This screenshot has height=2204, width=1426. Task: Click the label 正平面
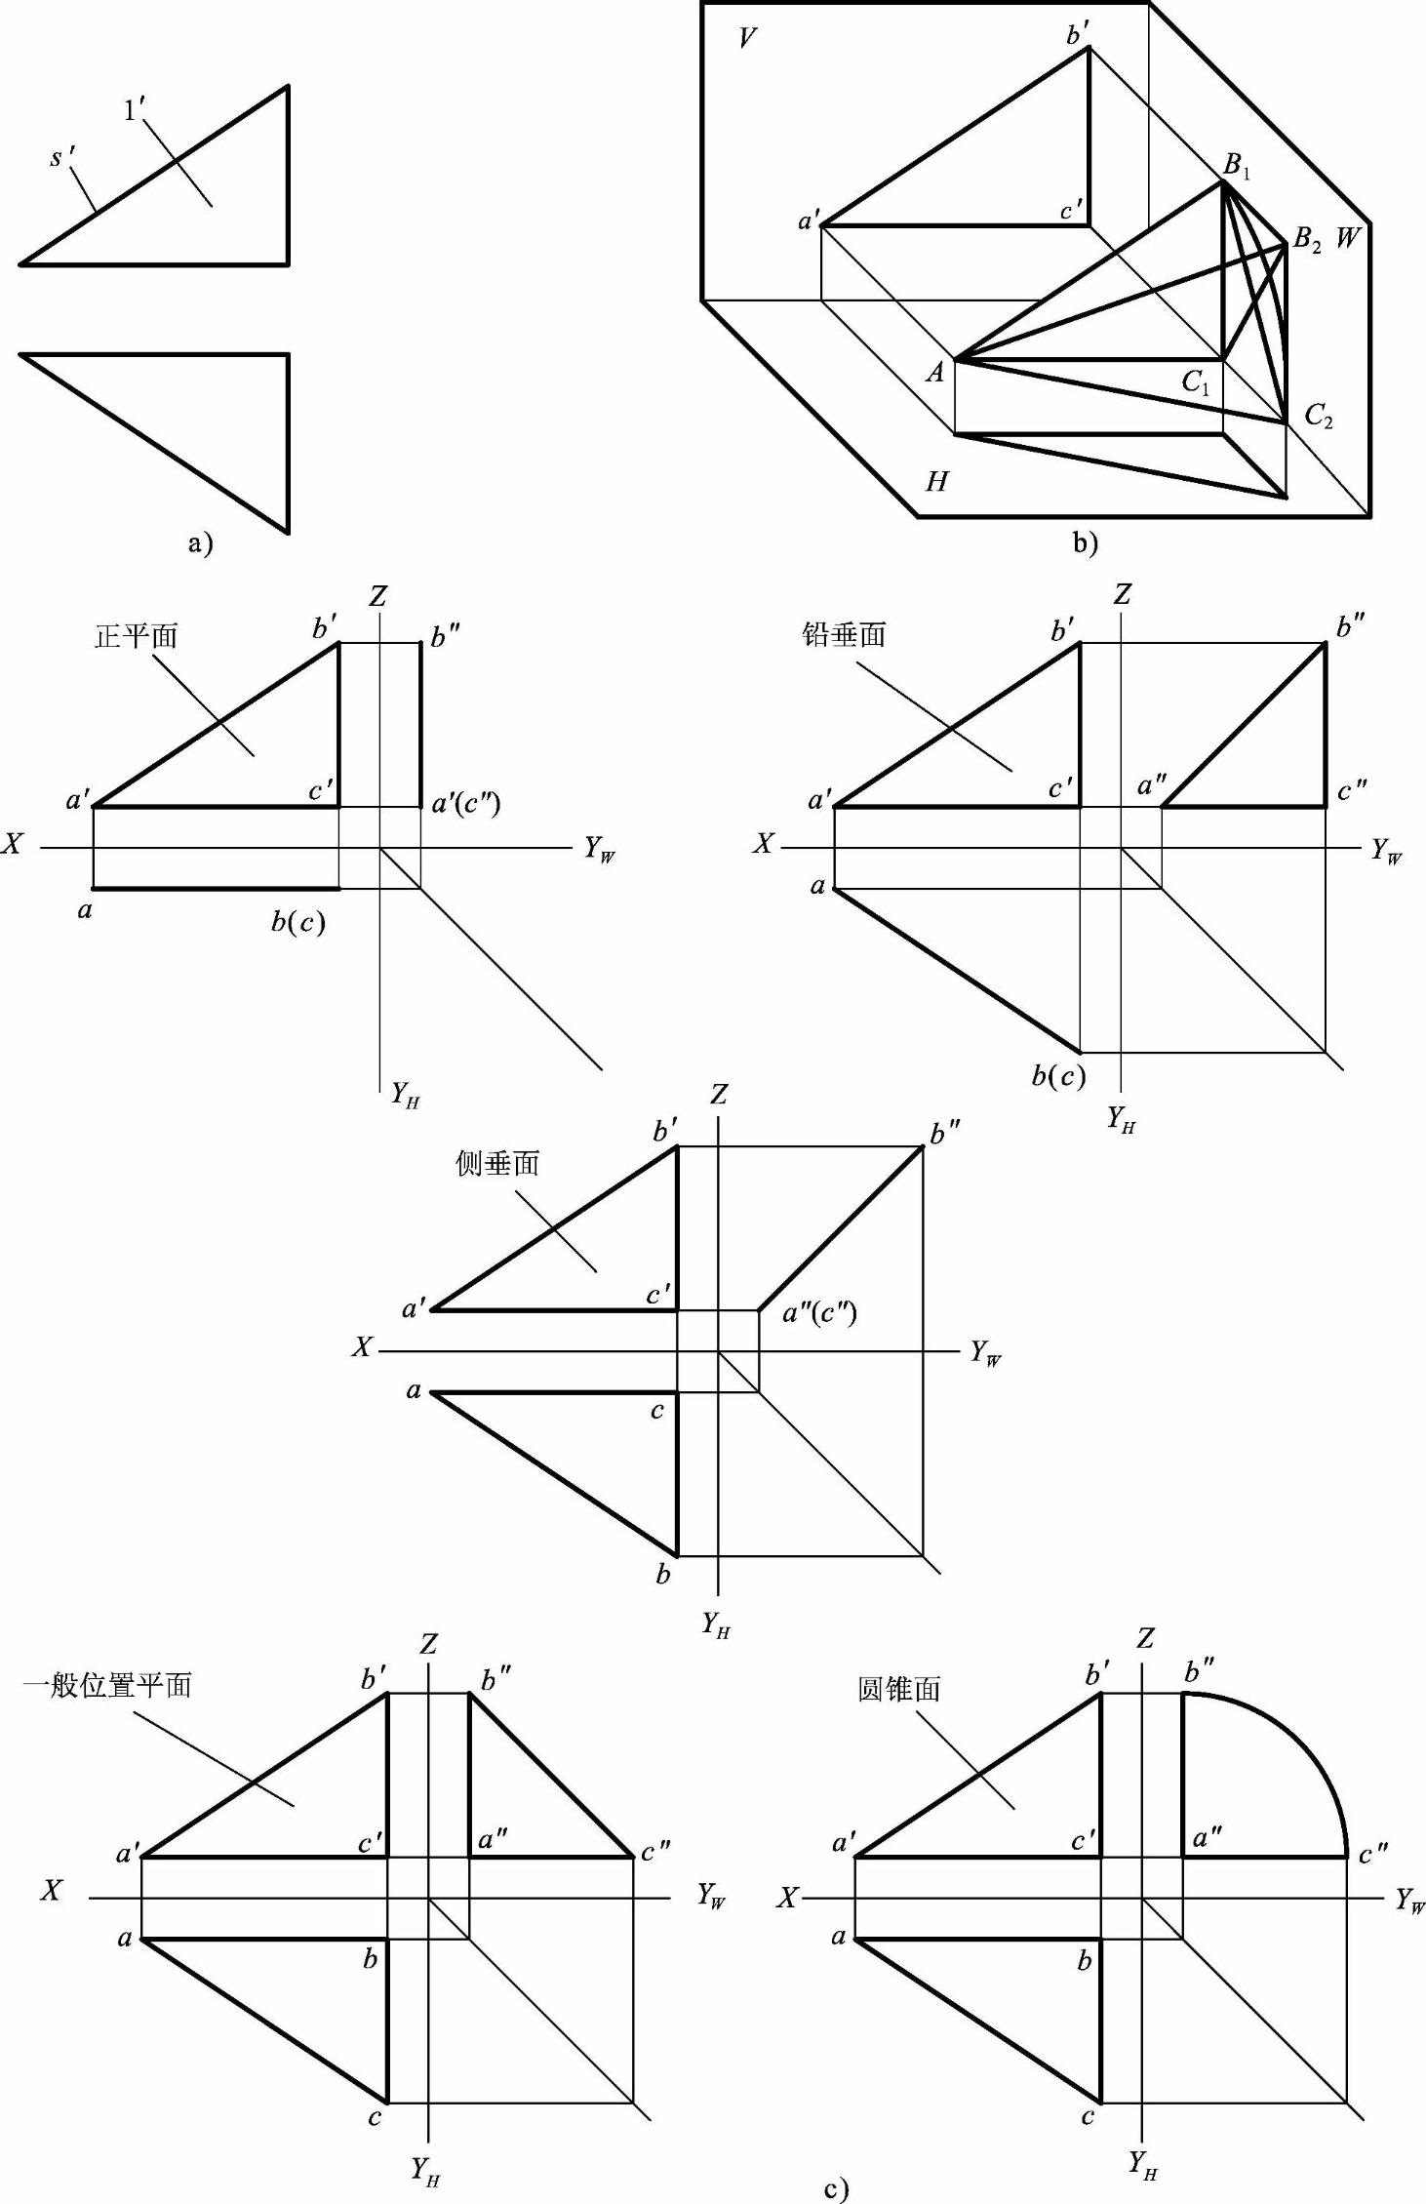pyautogui.click(x=137, y=637)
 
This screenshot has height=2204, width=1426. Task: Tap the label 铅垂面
pyautogui.click(x=844, y=635)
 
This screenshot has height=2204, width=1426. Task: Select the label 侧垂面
pyautogui.click(x=497, y=1163)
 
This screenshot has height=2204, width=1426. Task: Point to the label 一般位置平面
pyautogui.click(x=107, y=1686)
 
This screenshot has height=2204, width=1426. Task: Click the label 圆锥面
pyautogui.click(x=898, y=1689)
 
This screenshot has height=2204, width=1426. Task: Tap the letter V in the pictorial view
pyautogui.click(x=747, y=38)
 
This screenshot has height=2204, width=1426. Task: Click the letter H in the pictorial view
pyautogui.click(x=936, y=481)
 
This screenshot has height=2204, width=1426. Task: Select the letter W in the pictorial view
pyautogui.click(x=1347, y=236)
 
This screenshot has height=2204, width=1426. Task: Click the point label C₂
pyautogui.click(x=1318, y=417)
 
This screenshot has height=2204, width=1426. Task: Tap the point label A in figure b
pyautogui.click(x=934, y=372)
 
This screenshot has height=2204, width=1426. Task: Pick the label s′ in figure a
pyautogui.click(x=62, y=157)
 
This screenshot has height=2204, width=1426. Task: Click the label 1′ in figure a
pyautogui.click(x=135, y=110)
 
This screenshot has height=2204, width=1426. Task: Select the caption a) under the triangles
pyautogui.click(x=200, y=543)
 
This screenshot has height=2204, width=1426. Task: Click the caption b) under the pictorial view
pyautogui.click(x=1085, y=543)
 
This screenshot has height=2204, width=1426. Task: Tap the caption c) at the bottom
pyautogui.click(x=836, y=2189)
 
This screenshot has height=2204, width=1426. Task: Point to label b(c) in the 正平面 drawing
pyautogui.click(x=297, y=921)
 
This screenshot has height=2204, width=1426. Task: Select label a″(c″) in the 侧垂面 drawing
pyautogui.click(x=820, y=1313)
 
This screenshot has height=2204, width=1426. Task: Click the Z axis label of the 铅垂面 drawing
pyautogui.click(x=1123, y=594)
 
